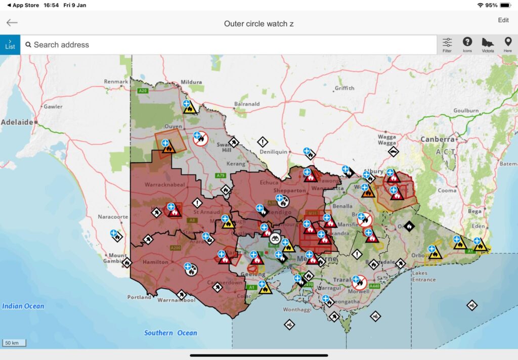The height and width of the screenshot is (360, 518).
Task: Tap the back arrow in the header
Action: tap(12, 23)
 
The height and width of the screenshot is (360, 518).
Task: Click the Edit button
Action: tap(503, 20)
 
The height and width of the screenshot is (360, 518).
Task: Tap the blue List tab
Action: tap(10, 44)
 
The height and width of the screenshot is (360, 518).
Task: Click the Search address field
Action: tap(228, 44)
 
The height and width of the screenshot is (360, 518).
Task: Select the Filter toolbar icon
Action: tap(447, 44)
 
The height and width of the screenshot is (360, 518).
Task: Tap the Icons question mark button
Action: tap(467, 44)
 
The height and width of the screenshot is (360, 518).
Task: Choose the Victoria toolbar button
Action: tap(488, 44)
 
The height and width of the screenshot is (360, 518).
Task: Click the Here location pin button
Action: tap(508, 44)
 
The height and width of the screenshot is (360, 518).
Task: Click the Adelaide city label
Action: tap(17, 122)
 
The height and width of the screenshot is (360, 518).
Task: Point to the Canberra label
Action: tap(437, 139)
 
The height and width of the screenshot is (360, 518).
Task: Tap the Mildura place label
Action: tap(191, 82)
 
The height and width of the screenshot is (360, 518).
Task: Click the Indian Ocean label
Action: tap(23, 306)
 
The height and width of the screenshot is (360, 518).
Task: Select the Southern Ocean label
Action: tap(170, 333)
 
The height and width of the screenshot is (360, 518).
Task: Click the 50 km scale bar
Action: tap(14, 343)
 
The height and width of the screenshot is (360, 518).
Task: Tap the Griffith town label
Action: tap(344, 88)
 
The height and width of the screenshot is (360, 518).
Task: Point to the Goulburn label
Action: tap(466, 110)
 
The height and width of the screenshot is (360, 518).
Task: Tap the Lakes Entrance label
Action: tap(423, 276)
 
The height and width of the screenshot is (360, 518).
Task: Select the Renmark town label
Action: tap(116, 81)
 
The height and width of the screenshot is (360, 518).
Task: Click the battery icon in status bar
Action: tap(505, 5)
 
